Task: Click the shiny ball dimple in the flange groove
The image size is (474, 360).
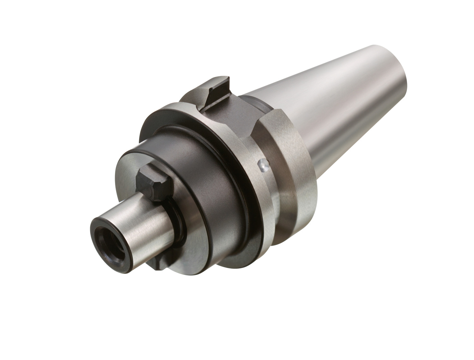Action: (x=263, y=165)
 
